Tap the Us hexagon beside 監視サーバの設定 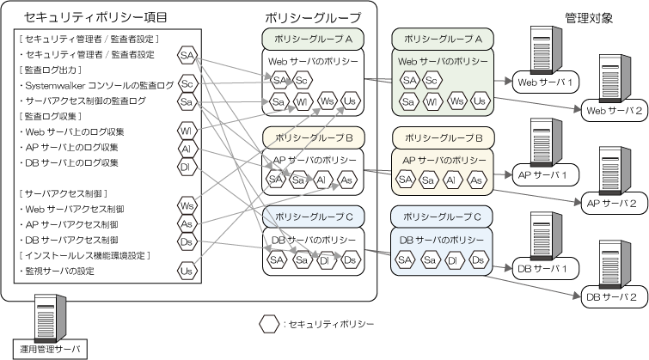pyautogui.click(x=186, y=272)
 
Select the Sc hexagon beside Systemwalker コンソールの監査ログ pyautogui.click(x=186, y=85)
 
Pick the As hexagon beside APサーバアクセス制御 pyautogui.click(x=186, y=224)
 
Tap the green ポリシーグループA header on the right pyautogui.click(x=442, y=40)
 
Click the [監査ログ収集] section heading pyautogui.click(x=52, y=116)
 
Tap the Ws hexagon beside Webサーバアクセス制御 pyautogui.click(x=186, y=205)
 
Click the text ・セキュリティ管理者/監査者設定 pyautogui.click(x=86, y=55)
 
